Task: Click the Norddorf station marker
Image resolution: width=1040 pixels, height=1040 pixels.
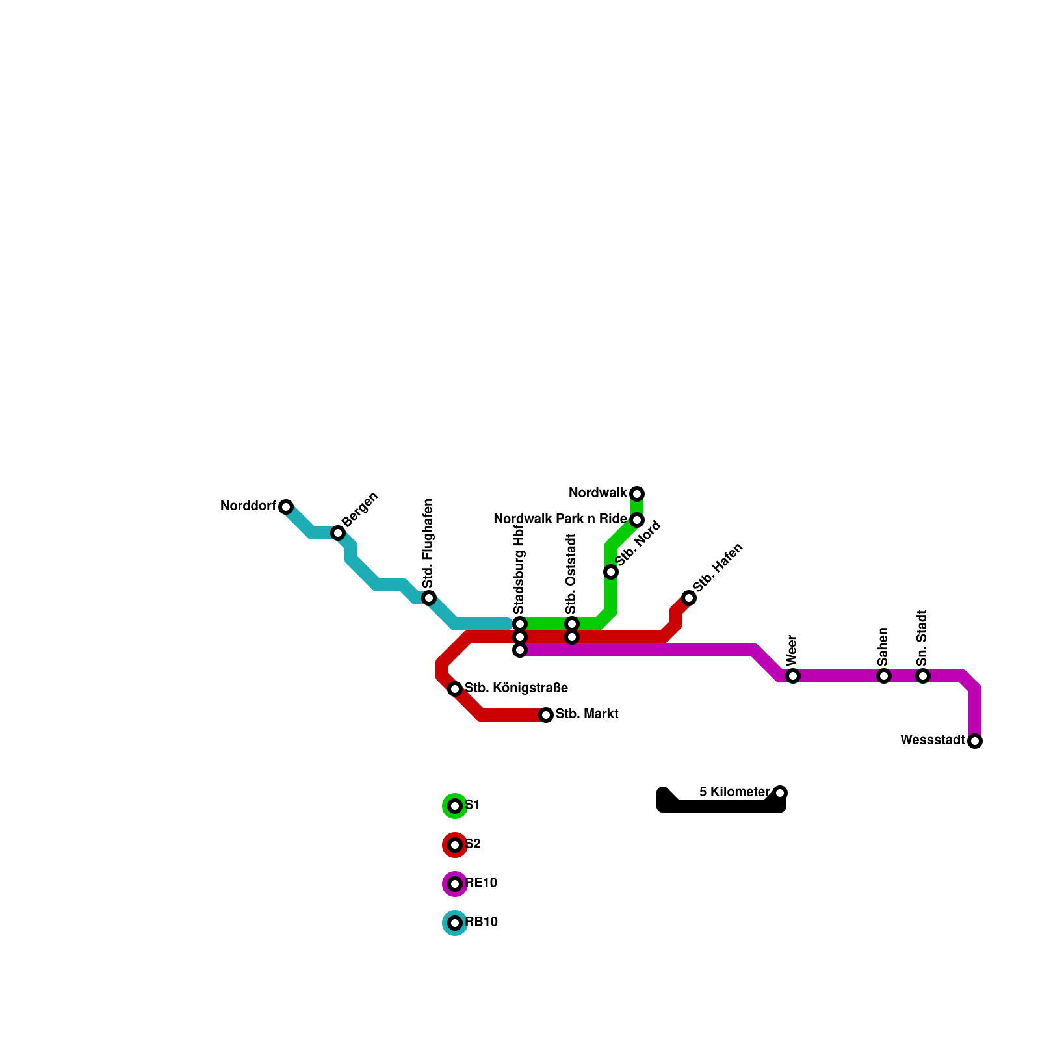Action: tap(286, 507)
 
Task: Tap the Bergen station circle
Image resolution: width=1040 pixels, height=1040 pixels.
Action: tap(338, 533)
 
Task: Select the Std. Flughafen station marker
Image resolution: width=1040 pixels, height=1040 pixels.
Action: tap(429, 598)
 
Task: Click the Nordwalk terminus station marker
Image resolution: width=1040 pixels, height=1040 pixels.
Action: tap(637, 494)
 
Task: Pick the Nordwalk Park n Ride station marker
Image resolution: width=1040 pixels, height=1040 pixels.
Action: tap(637, 520)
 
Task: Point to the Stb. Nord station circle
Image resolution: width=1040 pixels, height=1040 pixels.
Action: tap(611, 572)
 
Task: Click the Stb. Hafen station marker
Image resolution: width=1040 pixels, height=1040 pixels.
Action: tap(689, 598)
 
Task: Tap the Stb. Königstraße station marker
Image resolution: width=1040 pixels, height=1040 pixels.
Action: tap(455, 689)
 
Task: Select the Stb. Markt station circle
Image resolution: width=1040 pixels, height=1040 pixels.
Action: tap(546, 715)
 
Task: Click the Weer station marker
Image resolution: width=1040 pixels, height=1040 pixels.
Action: tap(793, 676)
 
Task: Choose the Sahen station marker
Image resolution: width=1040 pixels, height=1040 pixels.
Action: tap(884, 676)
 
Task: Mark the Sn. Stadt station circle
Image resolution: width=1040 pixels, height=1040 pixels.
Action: tap(923, 676)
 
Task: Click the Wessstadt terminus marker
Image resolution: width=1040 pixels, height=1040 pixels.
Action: tap(975, 741)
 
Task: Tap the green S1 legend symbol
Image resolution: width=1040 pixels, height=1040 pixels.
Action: tap(455, 806)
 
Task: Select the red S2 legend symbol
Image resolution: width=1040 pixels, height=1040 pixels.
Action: tap(455, 845)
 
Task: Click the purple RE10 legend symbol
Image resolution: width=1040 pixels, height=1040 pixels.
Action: tap(455, 884)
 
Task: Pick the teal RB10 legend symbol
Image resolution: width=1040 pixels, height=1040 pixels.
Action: tap(455, 923)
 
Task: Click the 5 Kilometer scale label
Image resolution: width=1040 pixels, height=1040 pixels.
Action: tap(734, 792)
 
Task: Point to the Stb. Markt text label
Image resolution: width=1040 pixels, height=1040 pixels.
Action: tap(587, 714)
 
